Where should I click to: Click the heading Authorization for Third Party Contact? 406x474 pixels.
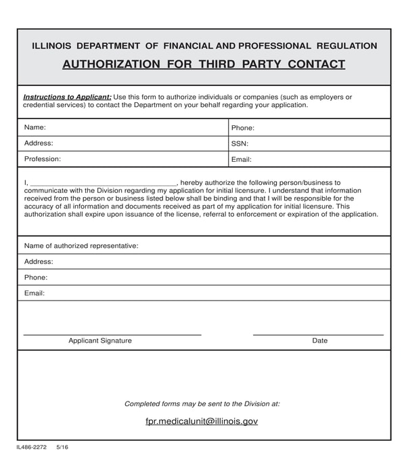click(204, 65)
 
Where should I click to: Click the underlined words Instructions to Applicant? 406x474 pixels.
click(67, 97)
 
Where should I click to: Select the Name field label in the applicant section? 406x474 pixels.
click(35, 127)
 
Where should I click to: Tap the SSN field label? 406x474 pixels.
click(240, 144)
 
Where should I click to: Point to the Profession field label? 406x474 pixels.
click(43, 159)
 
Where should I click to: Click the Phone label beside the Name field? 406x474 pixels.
click(242, 128)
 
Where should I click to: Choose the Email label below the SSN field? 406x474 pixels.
click(242, 160)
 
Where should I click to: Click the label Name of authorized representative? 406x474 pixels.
click(81, 246)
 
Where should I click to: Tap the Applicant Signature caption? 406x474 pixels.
click(100, 341)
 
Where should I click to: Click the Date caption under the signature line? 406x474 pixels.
click(319, 341)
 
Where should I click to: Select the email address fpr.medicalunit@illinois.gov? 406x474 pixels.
click(202, 421)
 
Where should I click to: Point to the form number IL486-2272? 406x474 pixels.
click(32, 448)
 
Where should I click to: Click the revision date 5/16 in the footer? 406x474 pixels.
click(62, 448)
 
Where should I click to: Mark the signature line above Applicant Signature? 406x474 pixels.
click(112, 335)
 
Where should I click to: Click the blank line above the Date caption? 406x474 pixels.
click(318, 335)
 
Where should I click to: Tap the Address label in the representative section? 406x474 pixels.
click(39, 262)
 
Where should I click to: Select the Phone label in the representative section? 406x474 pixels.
click(36, 278)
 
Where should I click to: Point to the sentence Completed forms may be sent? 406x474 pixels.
click(202, 404)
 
